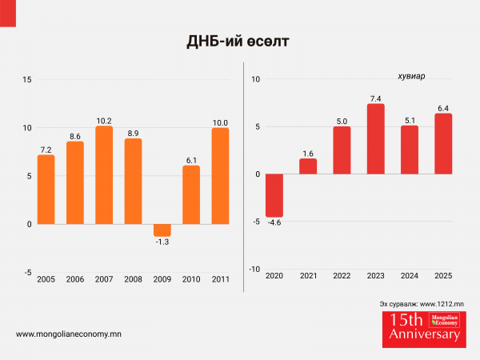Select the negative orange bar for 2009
coord(162,230)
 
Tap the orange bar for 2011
coord(220,175)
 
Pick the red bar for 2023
coord(376,139)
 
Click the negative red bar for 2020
coord(274,195)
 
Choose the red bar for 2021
coord(308,166)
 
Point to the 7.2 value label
coord(46,149)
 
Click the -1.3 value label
coord(162,242)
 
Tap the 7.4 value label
coord(376,98)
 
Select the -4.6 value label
coord(274,223)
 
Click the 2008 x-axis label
coord(133,279)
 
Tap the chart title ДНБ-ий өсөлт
coord(239,39)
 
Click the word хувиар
coord(411,77)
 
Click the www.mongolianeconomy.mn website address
coord(68,334)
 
